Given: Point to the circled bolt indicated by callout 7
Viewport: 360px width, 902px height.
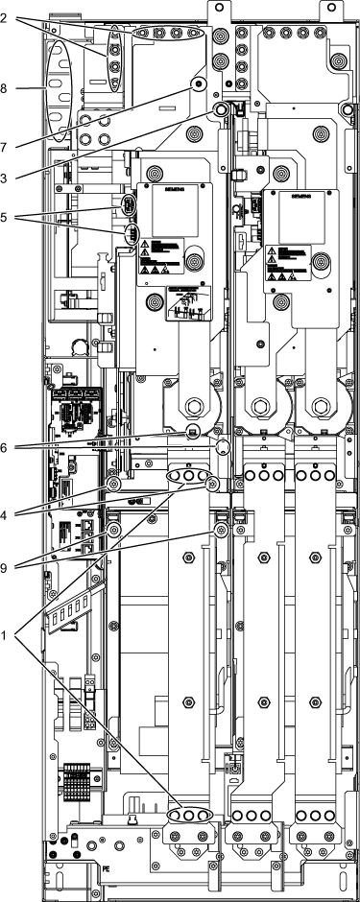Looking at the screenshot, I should coord(199,85).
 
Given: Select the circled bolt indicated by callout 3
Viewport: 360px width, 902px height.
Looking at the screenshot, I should coord(221,112).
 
